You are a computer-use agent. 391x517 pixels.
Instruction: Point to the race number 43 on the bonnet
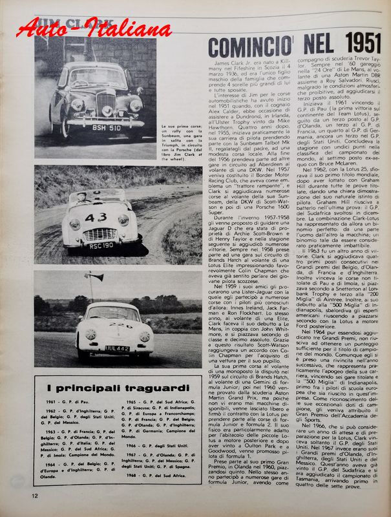(x=95, y=218)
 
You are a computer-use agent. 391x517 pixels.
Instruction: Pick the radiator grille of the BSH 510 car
(x=105, y=102)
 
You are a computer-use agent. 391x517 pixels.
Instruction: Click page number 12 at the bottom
(x=34, y=496)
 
